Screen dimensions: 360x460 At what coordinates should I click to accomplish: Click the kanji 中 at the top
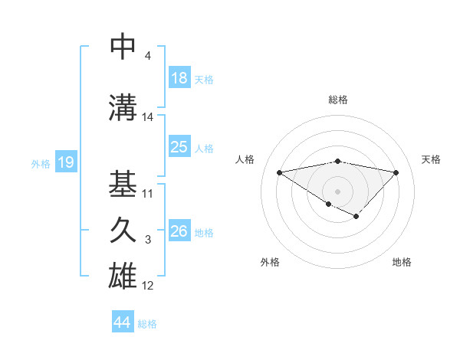tap(123, 47)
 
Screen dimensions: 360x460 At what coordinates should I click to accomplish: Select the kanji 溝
tap(123, 107)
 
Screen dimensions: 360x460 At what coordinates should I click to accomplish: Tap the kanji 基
tap(123, 184)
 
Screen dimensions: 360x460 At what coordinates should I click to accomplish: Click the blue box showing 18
tap(179, 78)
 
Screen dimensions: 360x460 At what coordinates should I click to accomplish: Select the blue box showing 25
tap(179, 147)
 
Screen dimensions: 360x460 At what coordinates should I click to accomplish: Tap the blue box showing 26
tap(179, 231)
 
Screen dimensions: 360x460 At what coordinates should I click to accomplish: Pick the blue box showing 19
tap(65, 162)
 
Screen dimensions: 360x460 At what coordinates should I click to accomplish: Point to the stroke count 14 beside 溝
tap(148, 117)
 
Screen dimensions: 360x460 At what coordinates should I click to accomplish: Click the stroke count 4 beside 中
tap(147, 56)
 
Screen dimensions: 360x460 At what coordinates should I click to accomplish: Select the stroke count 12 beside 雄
tap(148, 286)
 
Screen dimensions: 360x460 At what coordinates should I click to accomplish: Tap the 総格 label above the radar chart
tap(337, 100)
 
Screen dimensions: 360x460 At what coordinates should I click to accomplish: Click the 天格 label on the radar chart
tap(432, 159)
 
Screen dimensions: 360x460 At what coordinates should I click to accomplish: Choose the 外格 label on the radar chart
tap(270, 263)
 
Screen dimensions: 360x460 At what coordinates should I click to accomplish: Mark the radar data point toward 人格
tap(279, 172)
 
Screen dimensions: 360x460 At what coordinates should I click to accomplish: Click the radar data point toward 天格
tap(396, 172)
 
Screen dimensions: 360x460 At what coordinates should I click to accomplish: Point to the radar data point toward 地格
tap(356, 217)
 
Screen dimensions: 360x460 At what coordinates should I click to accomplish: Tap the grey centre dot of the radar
tap(337, 191)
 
